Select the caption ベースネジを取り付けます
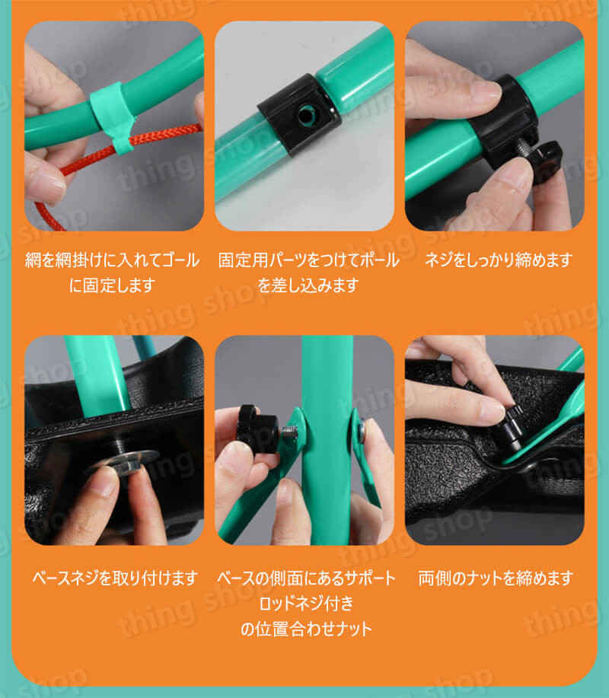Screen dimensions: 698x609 click(114, 578)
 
